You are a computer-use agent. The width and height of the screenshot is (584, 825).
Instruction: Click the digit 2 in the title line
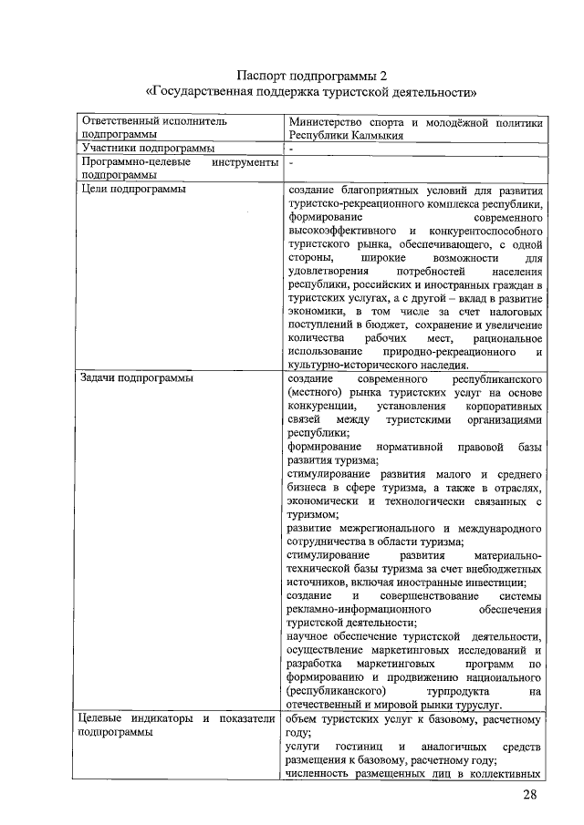click(x=395, y=74)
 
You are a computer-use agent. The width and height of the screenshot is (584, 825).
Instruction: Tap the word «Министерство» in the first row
click(x=324, y=121)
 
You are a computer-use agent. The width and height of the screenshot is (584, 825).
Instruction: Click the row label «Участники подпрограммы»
click(x=148, y=148)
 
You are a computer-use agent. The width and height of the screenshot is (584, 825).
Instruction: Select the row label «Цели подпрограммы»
click(x=133, y=189)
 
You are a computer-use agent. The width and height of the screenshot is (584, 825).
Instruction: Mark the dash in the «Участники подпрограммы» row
click(x=290, y=148)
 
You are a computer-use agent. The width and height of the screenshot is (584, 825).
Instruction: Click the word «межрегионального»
click(x=379, y=528)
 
